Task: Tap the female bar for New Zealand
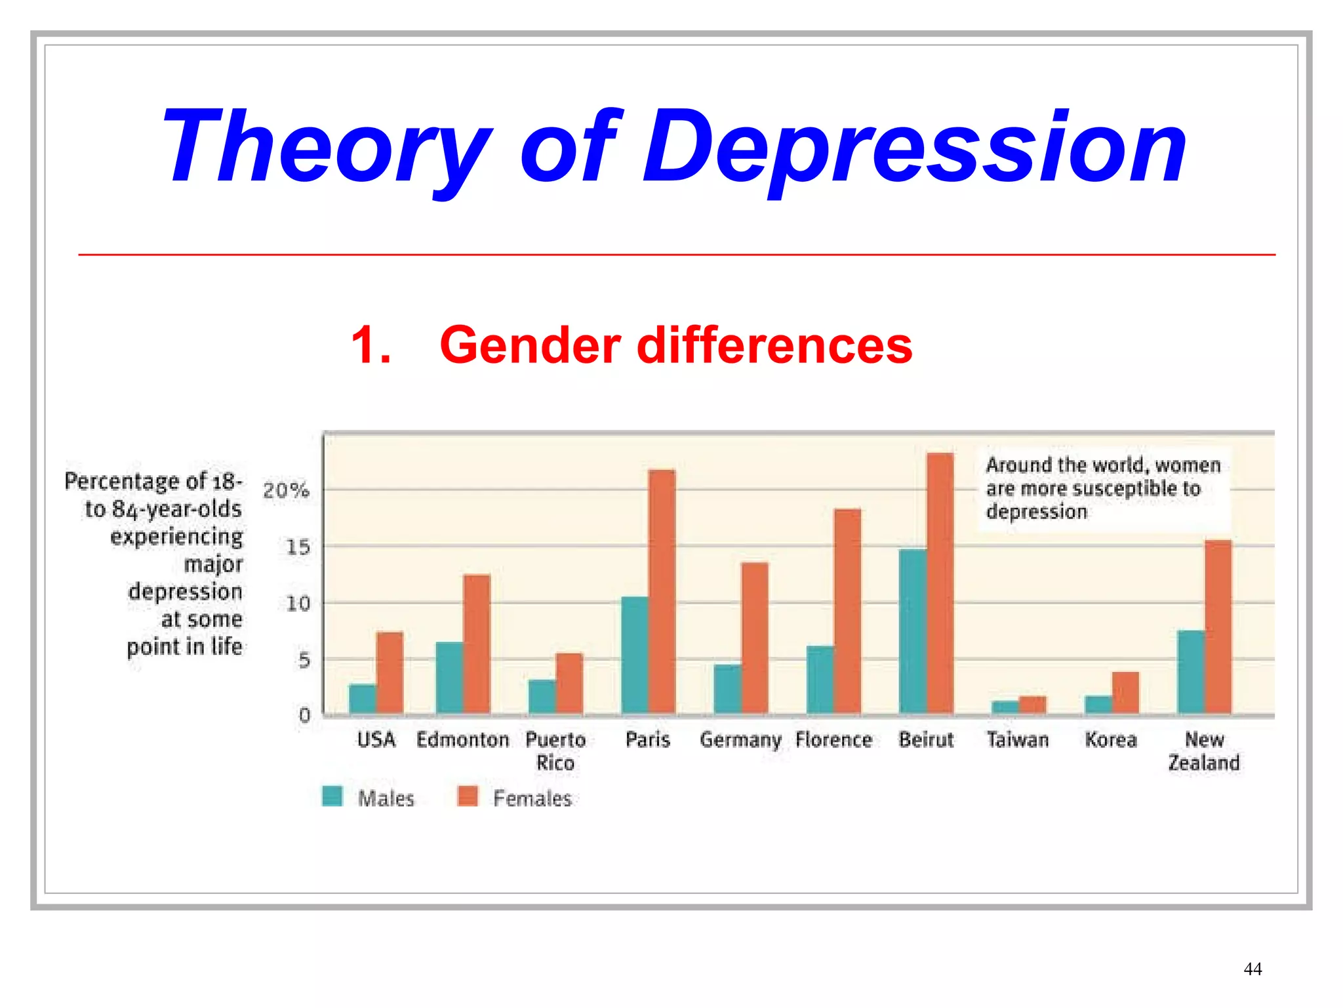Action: pyautogui.click(x=1218, y=627)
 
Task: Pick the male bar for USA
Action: pyautogui.click(x=362, y=699)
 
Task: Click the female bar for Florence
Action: pyautogui.click(x=847, y=611)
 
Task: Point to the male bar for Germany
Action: pyautogui.click(x=727, y=689)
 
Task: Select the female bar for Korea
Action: pyautogui.click(x=1125, y=693)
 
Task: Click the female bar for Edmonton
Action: pyautogui.click(x=476, y=644)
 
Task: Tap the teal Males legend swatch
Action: pyautogui.click(x=332, y=796)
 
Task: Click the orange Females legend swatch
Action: pyautogui.click(x=468, y=796)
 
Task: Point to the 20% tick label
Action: pyautogui.click(x=286, y=490)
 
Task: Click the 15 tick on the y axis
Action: pyautogui.click(x=298, y=547)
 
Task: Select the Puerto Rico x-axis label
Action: pyautogui.click(x=555, y=751)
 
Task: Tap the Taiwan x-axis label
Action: pyautogui.click(x=1018, y=740)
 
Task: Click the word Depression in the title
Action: pyautogui.click(x=915, y=148)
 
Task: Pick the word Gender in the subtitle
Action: pyautogui.click(x=530, y=345)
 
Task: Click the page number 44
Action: pyautogui.click(x=1252, y=969)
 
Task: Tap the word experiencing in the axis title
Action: pyautogui.click(x=176, y=537)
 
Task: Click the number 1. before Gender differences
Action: pyautogui.click(x=371, y=345)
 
